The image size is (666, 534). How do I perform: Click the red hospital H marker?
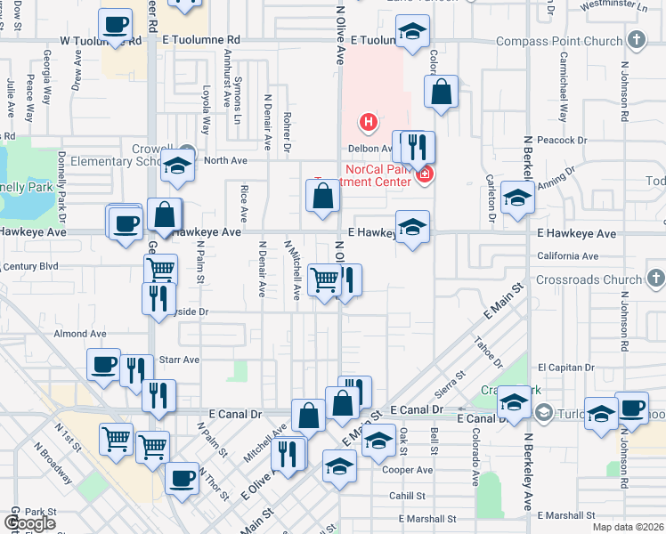[x=366, y=121]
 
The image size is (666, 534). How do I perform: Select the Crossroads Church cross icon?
[x=656, y=279]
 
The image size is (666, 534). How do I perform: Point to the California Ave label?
[x=568, y=256]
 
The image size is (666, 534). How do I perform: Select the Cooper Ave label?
[x=407, y=470]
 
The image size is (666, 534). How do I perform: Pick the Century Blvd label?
[x=30, y=266]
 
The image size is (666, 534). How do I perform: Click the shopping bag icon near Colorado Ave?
[x=441, y=91]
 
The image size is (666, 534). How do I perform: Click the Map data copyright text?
[x=628, y=527]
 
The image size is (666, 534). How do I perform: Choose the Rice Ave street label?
[x=243, y=202]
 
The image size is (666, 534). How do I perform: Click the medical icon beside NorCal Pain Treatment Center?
[x=425, y=174]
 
